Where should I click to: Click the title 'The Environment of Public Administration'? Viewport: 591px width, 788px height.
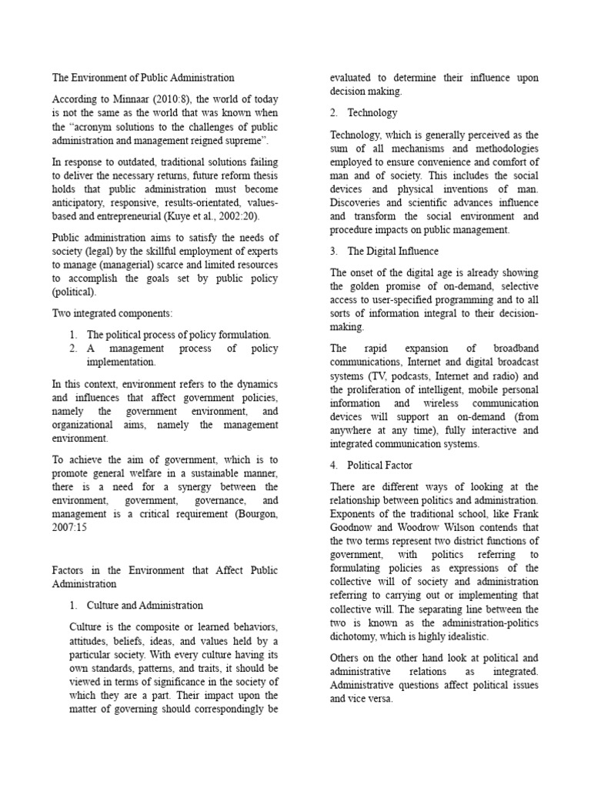coord(143,78)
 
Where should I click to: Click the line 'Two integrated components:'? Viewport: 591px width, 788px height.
coord(112,313)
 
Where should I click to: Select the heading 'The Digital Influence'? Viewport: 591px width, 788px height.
coord(396,251)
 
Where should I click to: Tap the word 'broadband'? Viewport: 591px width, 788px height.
coord(513,349)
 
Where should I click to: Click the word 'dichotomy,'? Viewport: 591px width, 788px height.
coord(360,636)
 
